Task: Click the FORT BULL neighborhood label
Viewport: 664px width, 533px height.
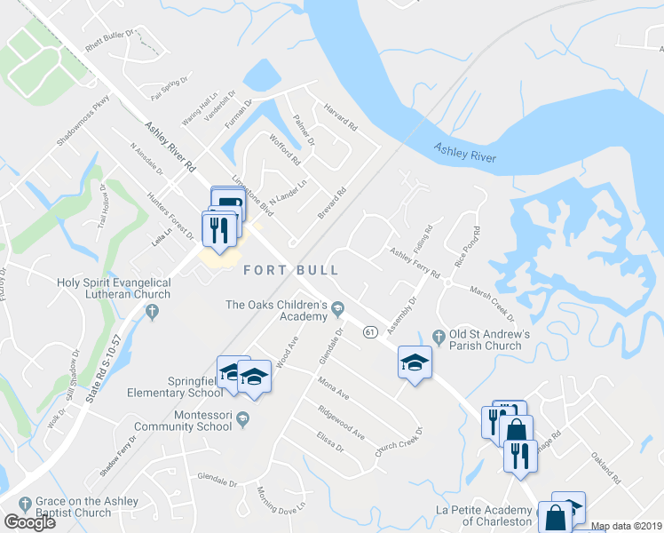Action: pos(280,267)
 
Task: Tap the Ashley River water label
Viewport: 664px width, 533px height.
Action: pos(465,153)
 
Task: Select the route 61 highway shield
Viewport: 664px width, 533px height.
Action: pos(370,331)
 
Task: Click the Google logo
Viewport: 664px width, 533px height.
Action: pos(29,522)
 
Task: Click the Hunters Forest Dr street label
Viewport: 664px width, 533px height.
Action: pos(170,216)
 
